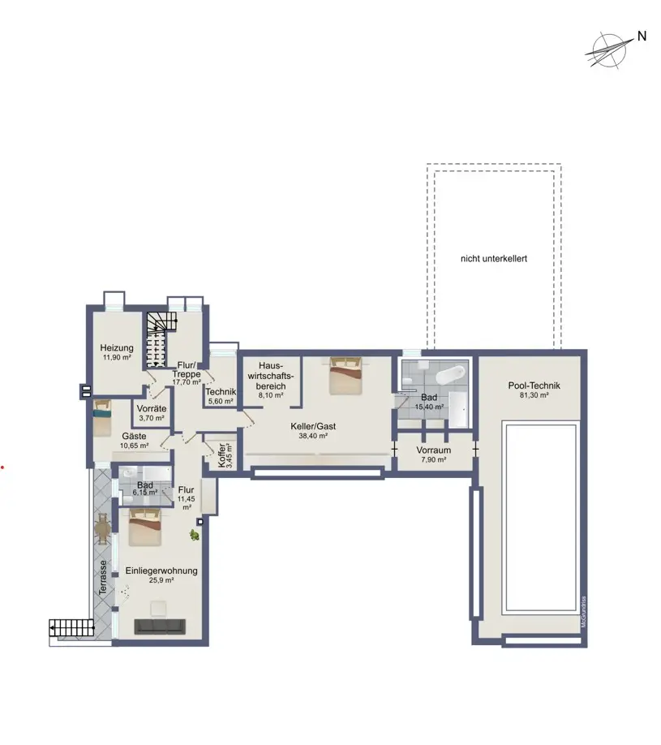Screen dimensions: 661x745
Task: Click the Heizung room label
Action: [117, 348]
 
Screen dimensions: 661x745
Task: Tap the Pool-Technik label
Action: [534, 385]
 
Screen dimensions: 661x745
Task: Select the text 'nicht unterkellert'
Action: [494, 259]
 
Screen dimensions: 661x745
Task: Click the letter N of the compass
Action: [642, 36]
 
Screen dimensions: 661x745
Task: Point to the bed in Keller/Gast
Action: [346, 376]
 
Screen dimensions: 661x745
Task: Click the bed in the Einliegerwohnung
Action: [145, 527]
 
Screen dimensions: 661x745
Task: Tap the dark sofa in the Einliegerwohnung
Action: [160, 627]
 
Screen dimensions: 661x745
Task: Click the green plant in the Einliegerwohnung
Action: [194, 536]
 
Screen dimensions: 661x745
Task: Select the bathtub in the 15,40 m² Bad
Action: [450, 374]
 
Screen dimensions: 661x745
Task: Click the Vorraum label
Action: [434, 450]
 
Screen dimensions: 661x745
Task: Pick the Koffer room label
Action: [221, 455]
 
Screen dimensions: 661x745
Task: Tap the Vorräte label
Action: [152, 408]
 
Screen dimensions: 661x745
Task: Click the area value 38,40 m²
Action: [313, 436]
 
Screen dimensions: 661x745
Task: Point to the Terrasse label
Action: [102, 577]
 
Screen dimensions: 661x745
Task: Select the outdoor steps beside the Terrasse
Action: [71, 627]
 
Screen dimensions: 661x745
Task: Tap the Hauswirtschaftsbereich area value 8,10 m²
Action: [271, 395]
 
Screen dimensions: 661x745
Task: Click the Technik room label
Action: [221, 392]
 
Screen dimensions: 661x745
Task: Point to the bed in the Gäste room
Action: [102, 418]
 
